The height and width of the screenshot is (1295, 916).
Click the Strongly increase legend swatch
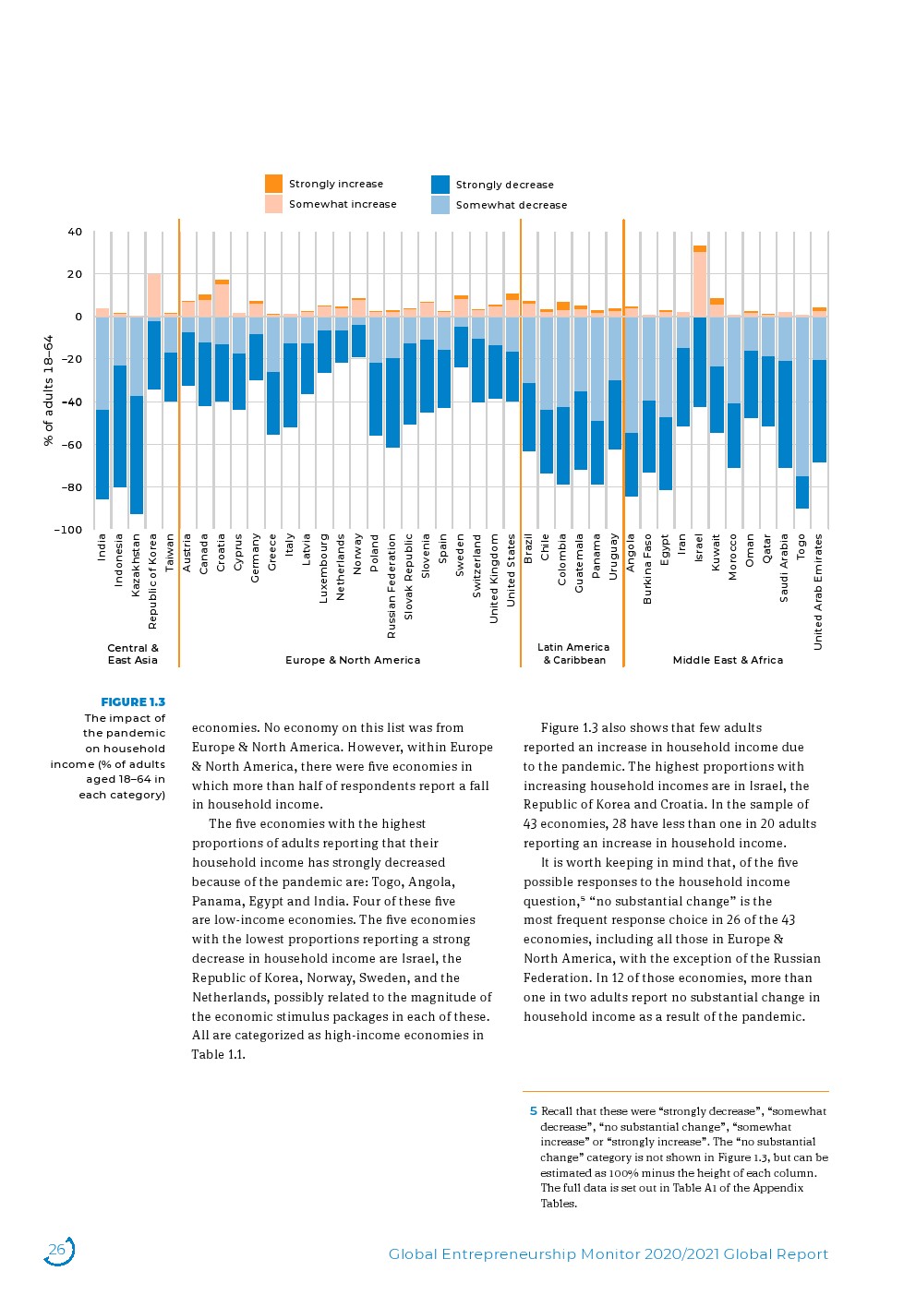(x=273, y=184)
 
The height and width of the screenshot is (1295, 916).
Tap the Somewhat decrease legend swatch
(x=440, y=205)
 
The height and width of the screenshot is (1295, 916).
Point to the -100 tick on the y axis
(x=68, y=530)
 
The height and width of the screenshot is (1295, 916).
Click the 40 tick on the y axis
(x=75, y=232)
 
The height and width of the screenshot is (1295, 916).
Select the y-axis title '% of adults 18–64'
(x=49, y=390)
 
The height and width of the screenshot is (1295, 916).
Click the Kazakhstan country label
(x=136, y=565)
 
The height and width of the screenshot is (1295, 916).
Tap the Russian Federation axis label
(x=392, y=586)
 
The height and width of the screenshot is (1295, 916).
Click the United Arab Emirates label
(x=818, y=592)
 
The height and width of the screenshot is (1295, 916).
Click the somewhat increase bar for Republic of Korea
(x=154, y=296)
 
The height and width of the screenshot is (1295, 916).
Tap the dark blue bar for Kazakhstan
(x=137, y=455)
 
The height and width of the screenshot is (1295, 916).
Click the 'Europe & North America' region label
(x=353, y=660)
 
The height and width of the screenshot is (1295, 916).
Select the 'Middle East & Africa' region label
(x=728, y=660)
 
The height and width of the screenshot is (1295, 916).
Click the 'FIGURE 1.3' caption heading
(x=133, y=702)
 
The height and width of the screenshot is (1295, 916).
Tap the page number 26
(x=57, y=1251)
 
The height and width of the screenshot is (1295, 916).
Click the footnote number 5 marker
(x=533, y=1111)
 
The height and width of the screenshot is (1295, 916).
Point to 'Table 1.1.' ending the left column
(x=219, y=1055)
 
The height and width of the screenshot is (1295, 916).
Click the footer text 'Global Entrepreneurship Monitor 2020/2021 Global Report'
(x=609, y=1254)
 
